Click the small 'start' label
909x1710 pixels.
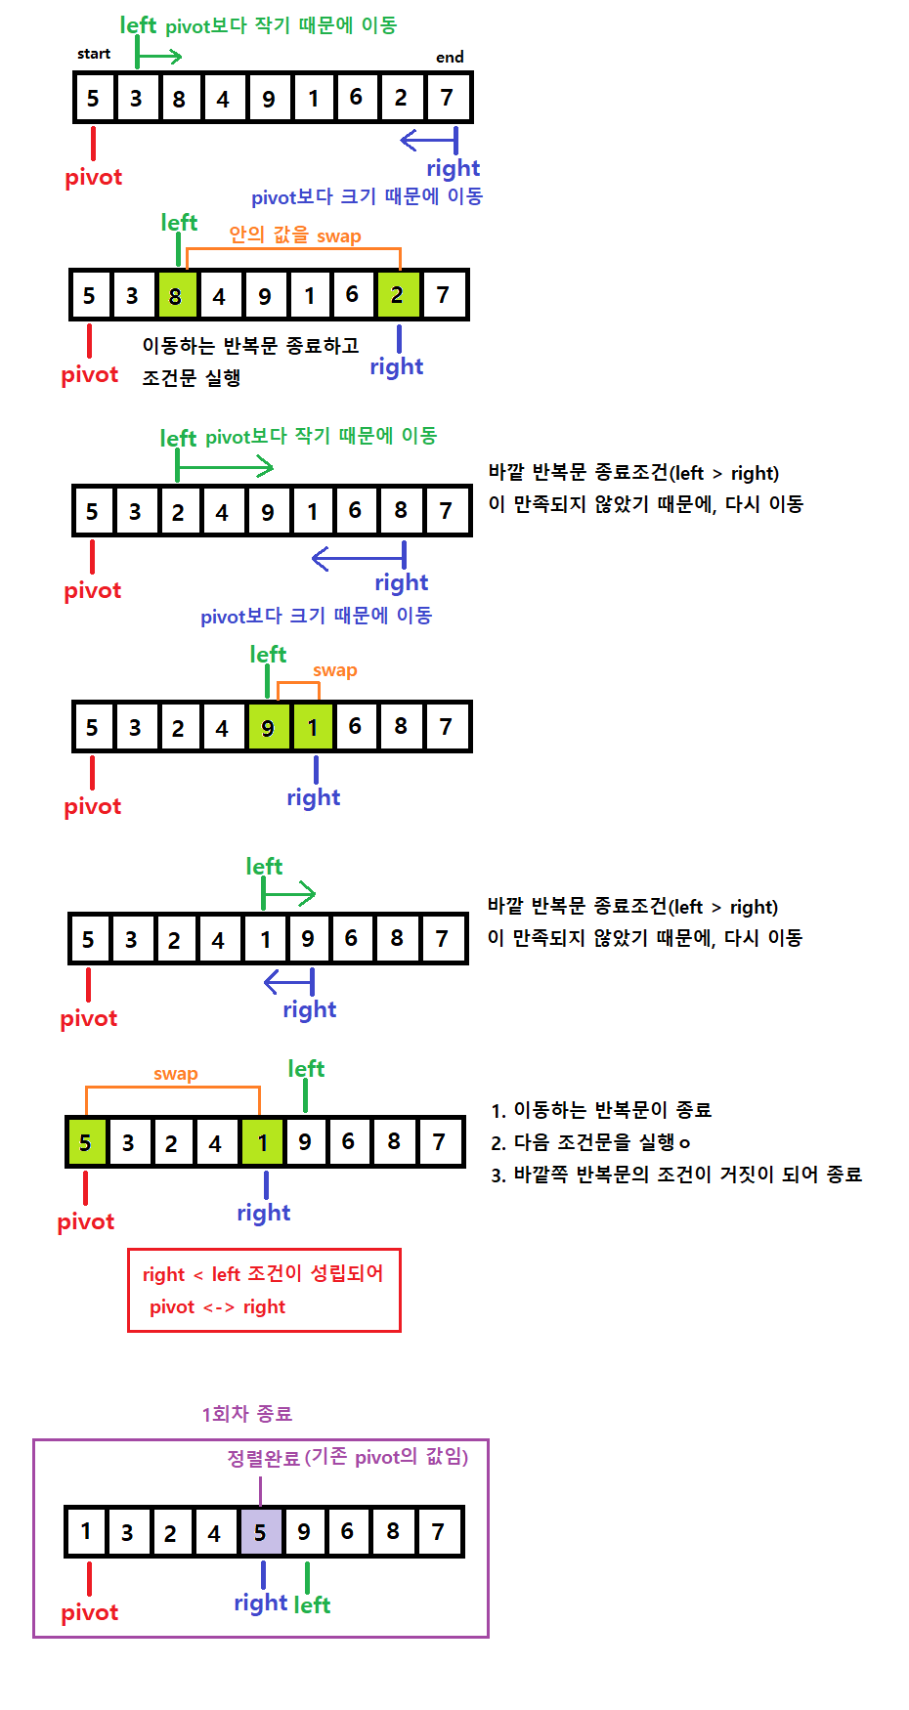point(94,54)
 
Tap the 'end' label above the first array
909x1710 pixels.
point(450,57)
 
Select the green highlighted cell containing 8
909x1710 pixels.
point(176,295)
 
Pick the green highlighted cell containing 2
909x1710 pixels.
point(398,295)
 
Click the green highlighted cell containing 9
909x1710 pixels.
point(268,727)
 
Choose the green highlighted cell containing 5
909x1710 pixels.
point(86,1142)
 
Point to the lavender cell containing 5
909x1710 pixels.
point(260,1532)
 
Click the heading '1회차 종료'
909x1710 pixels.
point(247,1414)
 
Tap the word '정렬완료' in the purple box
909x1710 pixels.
point(263,1458)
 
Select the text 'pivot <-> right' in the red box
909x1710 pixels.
point(217,1307)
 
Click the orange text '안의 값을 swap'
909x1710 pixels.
point(295,235)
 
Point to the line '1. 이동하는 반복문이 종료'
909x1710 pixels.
point(601,1110)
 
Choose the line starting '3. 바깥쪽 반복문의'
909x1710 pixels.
point(675,1175)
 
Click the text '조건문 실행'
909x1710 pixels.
point(192,378)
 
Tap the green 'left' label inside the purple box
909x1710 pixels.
point(313,1604)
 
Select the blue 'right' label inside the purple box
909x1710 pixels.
point(261,1603)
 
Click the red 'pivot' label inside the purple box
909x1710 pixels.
point(90,1612)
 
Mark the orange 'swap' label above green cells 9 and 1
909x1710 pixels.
point(335,670)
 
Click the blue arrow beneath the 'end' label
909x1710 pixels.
point(429,141)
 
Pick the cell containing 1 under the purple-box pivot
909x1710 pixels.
point(86,1532)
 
